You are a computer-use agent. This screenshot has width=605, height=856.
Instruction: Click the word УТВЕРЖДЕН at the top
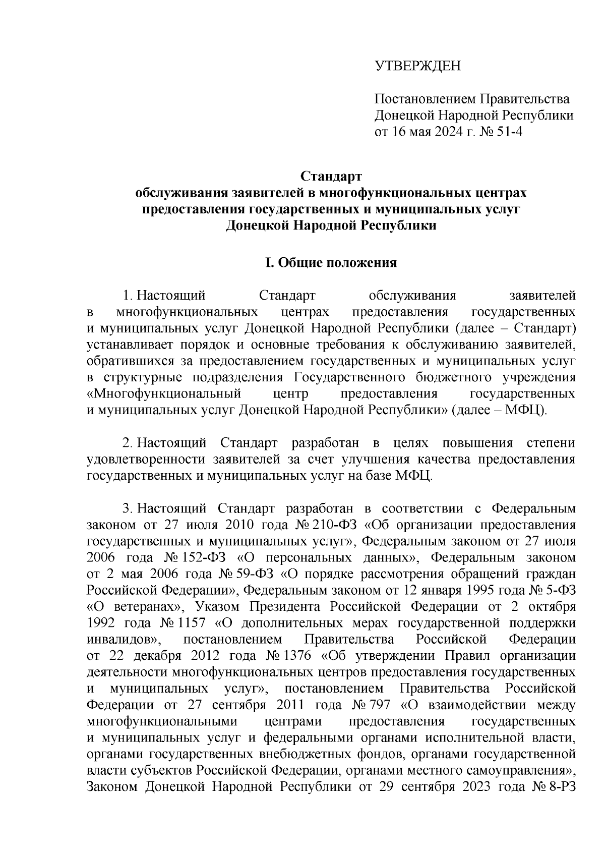417,66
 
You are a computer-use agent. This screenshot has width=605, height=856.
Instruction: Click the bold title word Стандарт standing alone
331,177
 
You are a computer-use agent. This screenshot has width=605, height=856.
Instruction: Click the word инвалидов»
124,640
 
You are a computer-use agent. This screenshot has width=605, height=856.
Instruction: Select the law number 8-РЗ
560,788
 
